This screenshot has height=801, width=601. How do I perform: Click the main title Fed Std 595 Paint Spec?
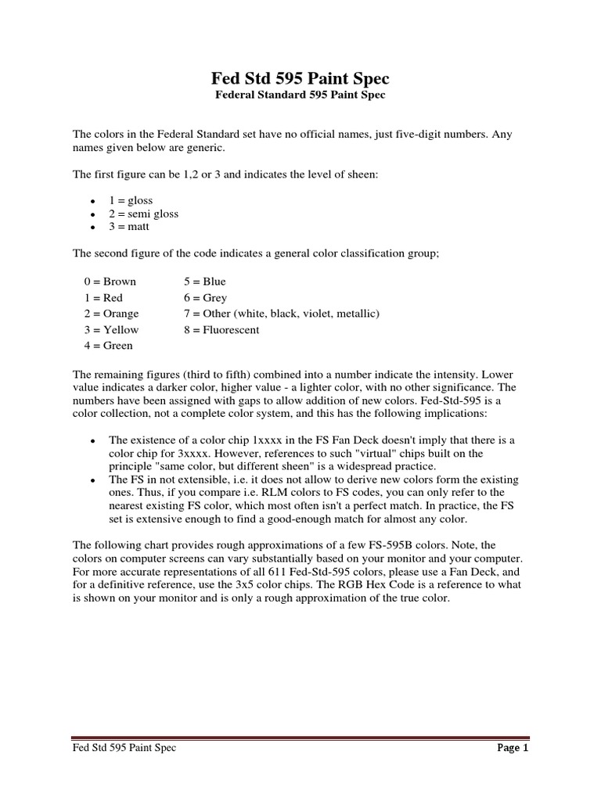300,79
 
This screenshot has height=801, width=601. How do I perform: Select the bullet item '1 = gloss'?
131,200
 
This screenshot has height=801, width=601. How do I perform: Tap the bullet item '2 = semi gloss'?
144,214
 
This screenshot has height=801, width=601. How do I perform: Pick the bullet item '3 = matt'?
130,227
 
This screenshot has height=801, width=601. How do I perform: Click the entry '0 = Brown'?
110,282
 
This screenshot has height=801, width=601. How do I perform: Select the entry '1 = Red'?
103,298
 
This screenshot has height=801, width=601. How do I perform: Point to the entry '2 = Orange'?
111,314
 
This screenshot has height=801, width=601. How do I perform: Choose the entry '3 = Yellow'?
111,329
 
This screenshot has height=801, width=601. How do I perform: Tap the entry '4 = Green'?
108,346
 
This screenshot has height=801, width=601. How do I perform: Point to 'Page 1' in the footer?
513,749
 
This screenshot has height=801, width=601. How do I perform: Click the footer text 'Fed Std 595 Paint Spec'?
124,749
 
